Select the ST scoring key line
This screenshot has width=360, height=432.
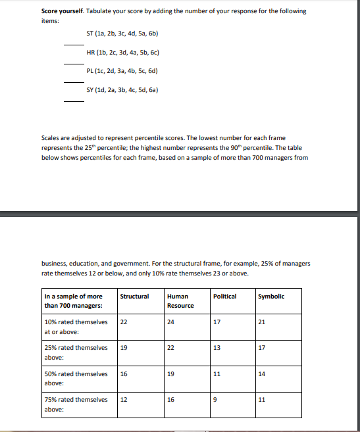click(123, 33)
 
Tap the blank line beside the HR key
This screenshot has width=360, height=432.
click(74, 63)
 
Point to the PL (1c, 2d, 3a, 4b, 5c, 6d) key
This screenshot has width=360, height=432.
click(123, 70)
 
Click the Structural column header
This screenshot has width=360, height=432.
click(134, 297)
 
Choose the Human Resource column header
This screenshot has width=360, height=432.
click(180, 300)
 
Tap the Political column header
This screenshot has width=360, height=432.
click(225, 297)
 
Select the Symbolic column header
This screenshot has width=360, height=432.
click(271, 297)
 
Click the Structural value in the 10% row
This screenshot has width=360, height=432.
click(124, 322)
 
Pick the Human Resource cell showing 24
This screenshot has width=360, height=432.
click(171, 322)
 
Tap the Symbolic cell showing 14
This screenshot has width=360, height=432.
click(262, 373)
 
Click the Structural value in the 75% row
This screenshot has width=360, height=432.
click(124, 399)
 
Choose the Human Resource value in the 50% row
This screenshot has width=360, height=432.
click(171, 373)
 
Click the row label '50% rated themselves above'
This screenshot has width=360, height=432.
click(76, 377)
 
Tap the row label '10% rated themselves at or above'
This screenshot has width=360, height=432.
click(76, 326)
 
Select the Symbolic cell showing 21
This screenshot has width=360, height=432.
click(262, 322)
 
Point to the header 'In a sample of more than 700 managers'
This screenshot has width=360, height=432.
click(74, 300)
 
